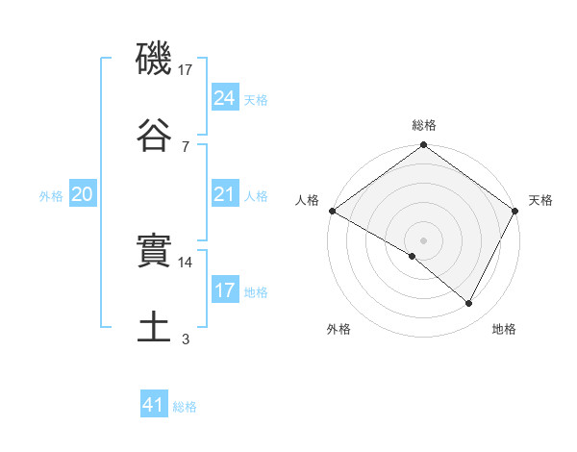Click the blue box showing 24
click(225, 97)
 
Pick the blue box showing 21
click(225, 194)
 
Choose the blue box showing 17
click(225, 290)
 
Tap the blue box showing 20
click(83, 194)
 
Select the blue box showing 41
click(154, 405)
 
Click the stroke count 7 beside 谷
click(186, 146)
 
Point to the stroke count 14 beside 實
click(186, 262)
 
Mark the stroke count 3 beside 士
click(186, 339)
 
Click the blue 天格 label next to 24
click(256, 99)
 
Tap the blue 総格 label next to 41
click(185, 407)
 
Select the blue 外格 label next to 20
click(51, 196)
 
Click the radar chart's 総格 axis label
click(424, 125)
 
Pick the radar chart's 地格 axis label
click(504, 329)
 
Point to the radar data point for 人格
click(332, 211)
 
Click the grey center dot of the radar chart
click(424, 239)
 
